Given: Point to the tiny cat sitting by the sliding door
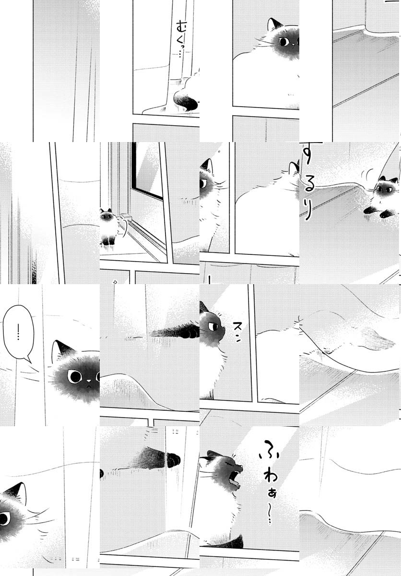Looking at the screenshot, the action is [109, 226].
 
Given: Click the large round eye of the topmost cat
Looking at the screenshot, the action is [284, 42].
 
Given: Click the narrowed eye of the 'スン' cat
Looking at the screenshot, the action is [213, 326].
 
